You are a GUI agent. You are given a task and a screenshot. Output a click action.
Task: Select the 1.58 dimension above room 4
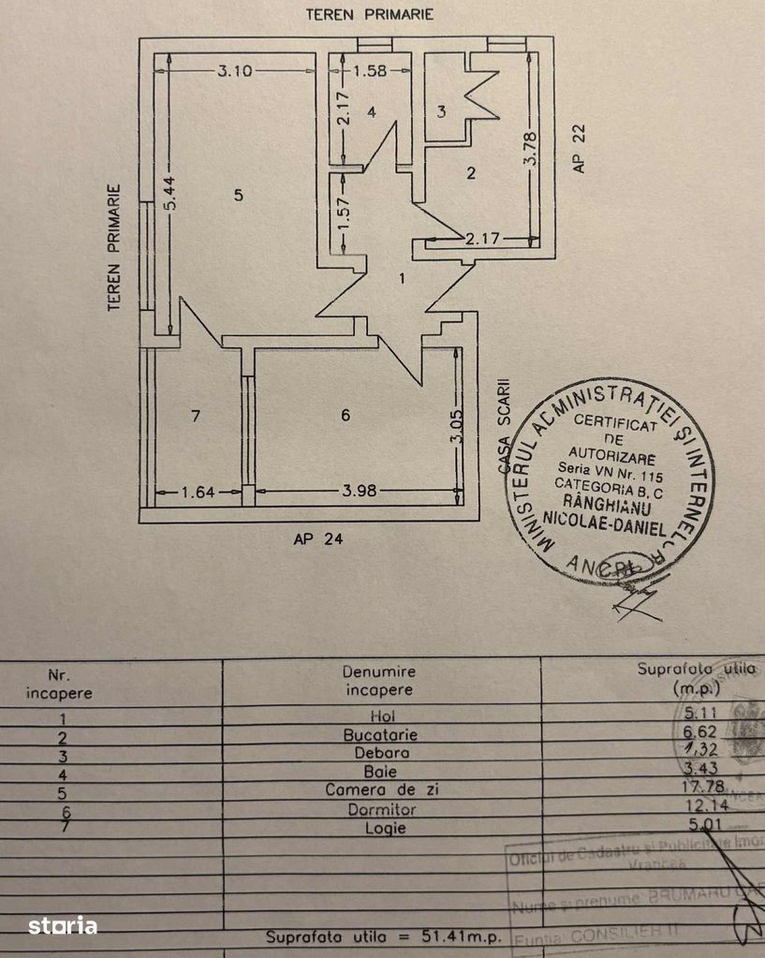pyautogui.click(x=370, y=70)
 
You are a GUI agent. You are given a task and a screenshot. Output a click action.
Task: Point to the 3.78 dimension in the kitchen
pyautogui.click(x=530, y=149)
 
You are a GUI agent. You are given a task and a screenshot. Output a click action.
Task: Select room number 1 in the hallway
pyautogui.click(x=402, y=278)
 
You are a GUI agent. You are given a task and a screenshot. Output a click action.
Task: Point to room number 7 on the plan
pyautogui.click(x=196, y=417)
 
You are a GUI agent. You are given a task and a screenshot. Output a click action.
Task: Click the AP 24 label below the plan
pyautogui.click(x=313, y=538)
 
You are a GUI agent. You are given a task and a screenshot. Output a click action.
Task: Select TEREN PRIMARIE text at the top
pyautogui.click(x=370, y=14)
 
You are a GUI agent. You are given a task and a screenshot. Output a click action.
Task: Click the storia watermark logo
pyautogui.click(x=63, y=926)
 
